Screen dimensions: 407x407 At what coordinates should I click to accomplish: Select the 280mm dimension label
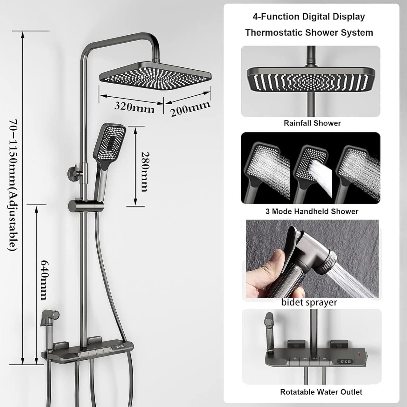click(x=145, y=172)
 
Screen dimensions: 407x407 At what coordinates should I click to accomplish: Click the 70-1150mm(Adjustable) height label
click(x=13, y=185)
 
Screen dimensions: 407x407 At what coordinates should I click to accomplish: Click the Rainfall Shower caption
click(x=312, y=123)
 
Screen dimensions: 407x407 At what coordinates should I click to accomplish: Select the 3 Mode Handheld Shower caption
click(x=312, y=211)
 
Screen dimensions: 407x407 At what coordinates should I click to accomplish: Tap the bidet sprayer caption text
click(x=309, y=302)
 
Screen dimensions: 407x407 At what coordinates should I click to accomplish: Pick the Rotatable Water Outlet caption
click(x=321, y=392)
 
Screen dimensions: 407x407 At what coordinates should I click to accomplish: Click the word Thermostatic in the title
click(x=274, y=32)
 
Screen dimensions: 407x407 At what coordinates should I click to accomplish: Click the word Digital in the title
click(x=316, y=17)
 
